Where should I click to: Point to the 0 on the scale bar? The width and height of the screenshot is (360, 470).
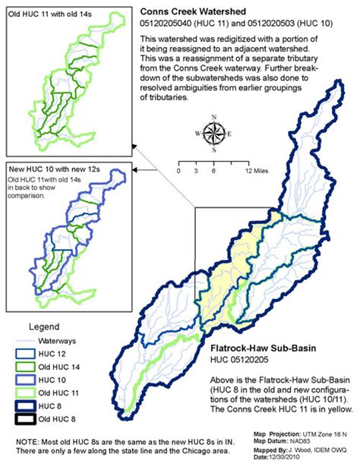pos(178,172)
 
